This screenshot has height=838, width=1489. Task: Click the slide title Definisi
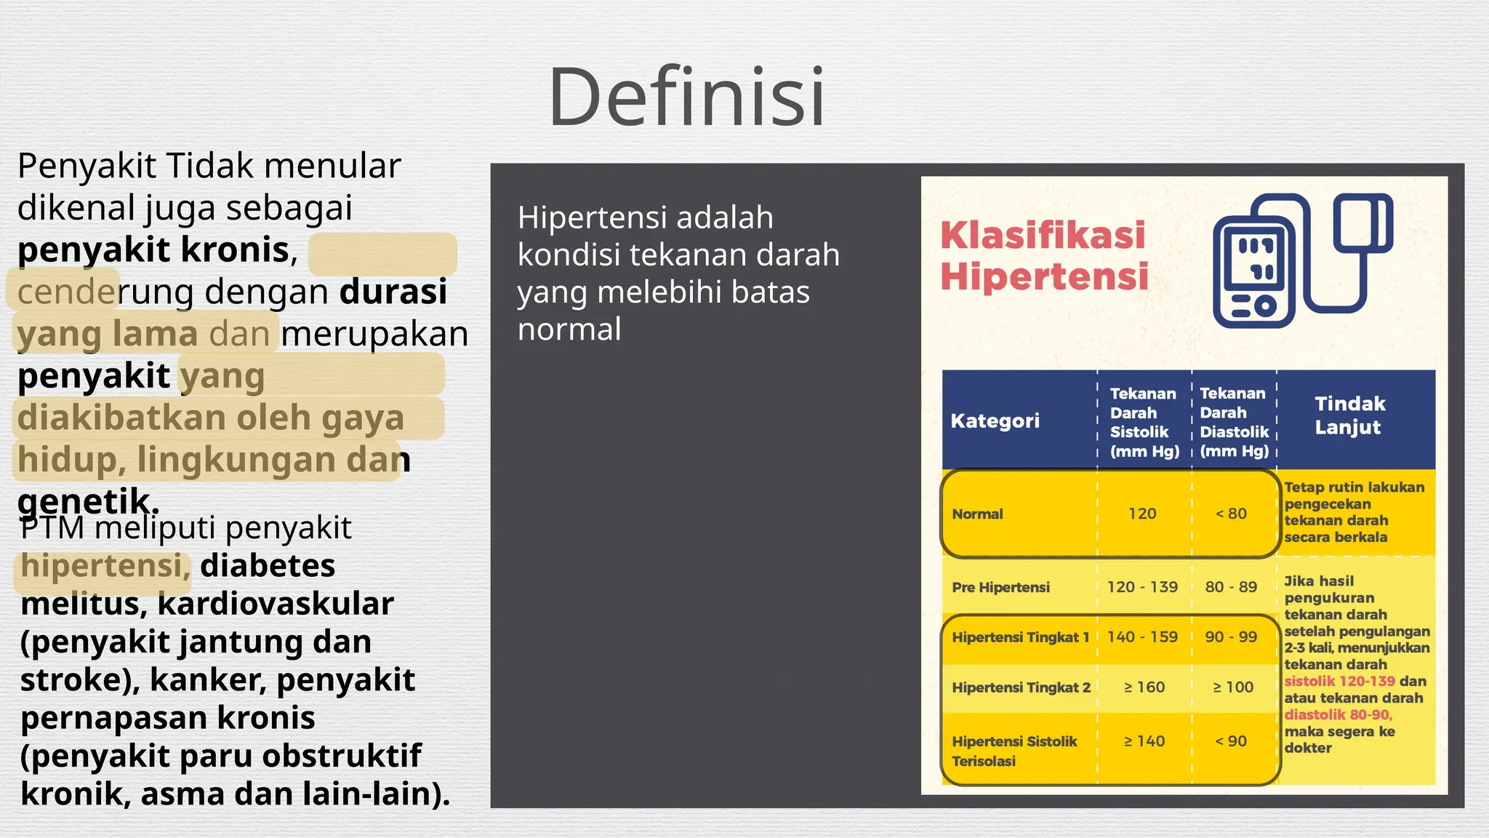(686, 97)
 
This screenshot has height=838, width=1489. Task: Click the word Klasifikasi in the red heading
(1043, 235)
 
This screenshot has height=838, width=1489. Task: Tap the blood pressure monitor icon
(1301, 260)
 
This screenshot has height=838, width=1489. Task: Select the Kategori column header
(995, 420)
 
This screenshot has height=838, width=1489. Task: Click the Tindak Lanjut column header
(1349, 415)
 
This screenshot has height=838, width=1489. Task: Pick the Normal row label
(977, 514)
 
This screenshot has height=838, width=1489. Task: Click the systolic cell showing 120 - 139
(1141, 587)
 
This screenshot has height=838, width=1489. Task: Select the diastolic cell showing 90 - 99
(1230, 637)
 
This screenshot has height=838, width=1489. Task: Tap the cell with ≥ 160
(1144, 687)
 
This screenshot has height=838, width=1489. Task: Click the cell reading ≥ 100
(1232, 687)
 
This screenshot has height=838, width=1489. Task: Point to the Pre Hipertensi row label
(1000, 587)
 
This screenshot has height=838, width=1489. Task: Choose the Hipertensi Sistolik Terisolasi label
(1014, 751)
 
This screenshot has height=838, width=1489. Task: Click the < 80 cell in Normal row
(1230, 514)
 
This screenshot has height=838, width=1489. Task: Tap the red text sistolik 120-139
(1339, 682)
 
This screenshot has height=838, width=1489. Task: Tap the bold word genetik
(86, 500)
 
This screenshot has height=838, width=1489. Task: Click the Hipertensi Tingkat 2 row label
(1021, 687)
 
